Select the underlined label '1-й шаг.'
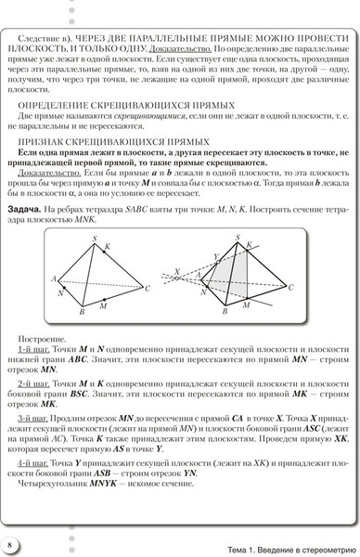coord(31,346)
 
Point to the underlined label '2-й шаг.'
coord(31,382)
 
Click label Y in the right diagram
coord(216,256)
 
